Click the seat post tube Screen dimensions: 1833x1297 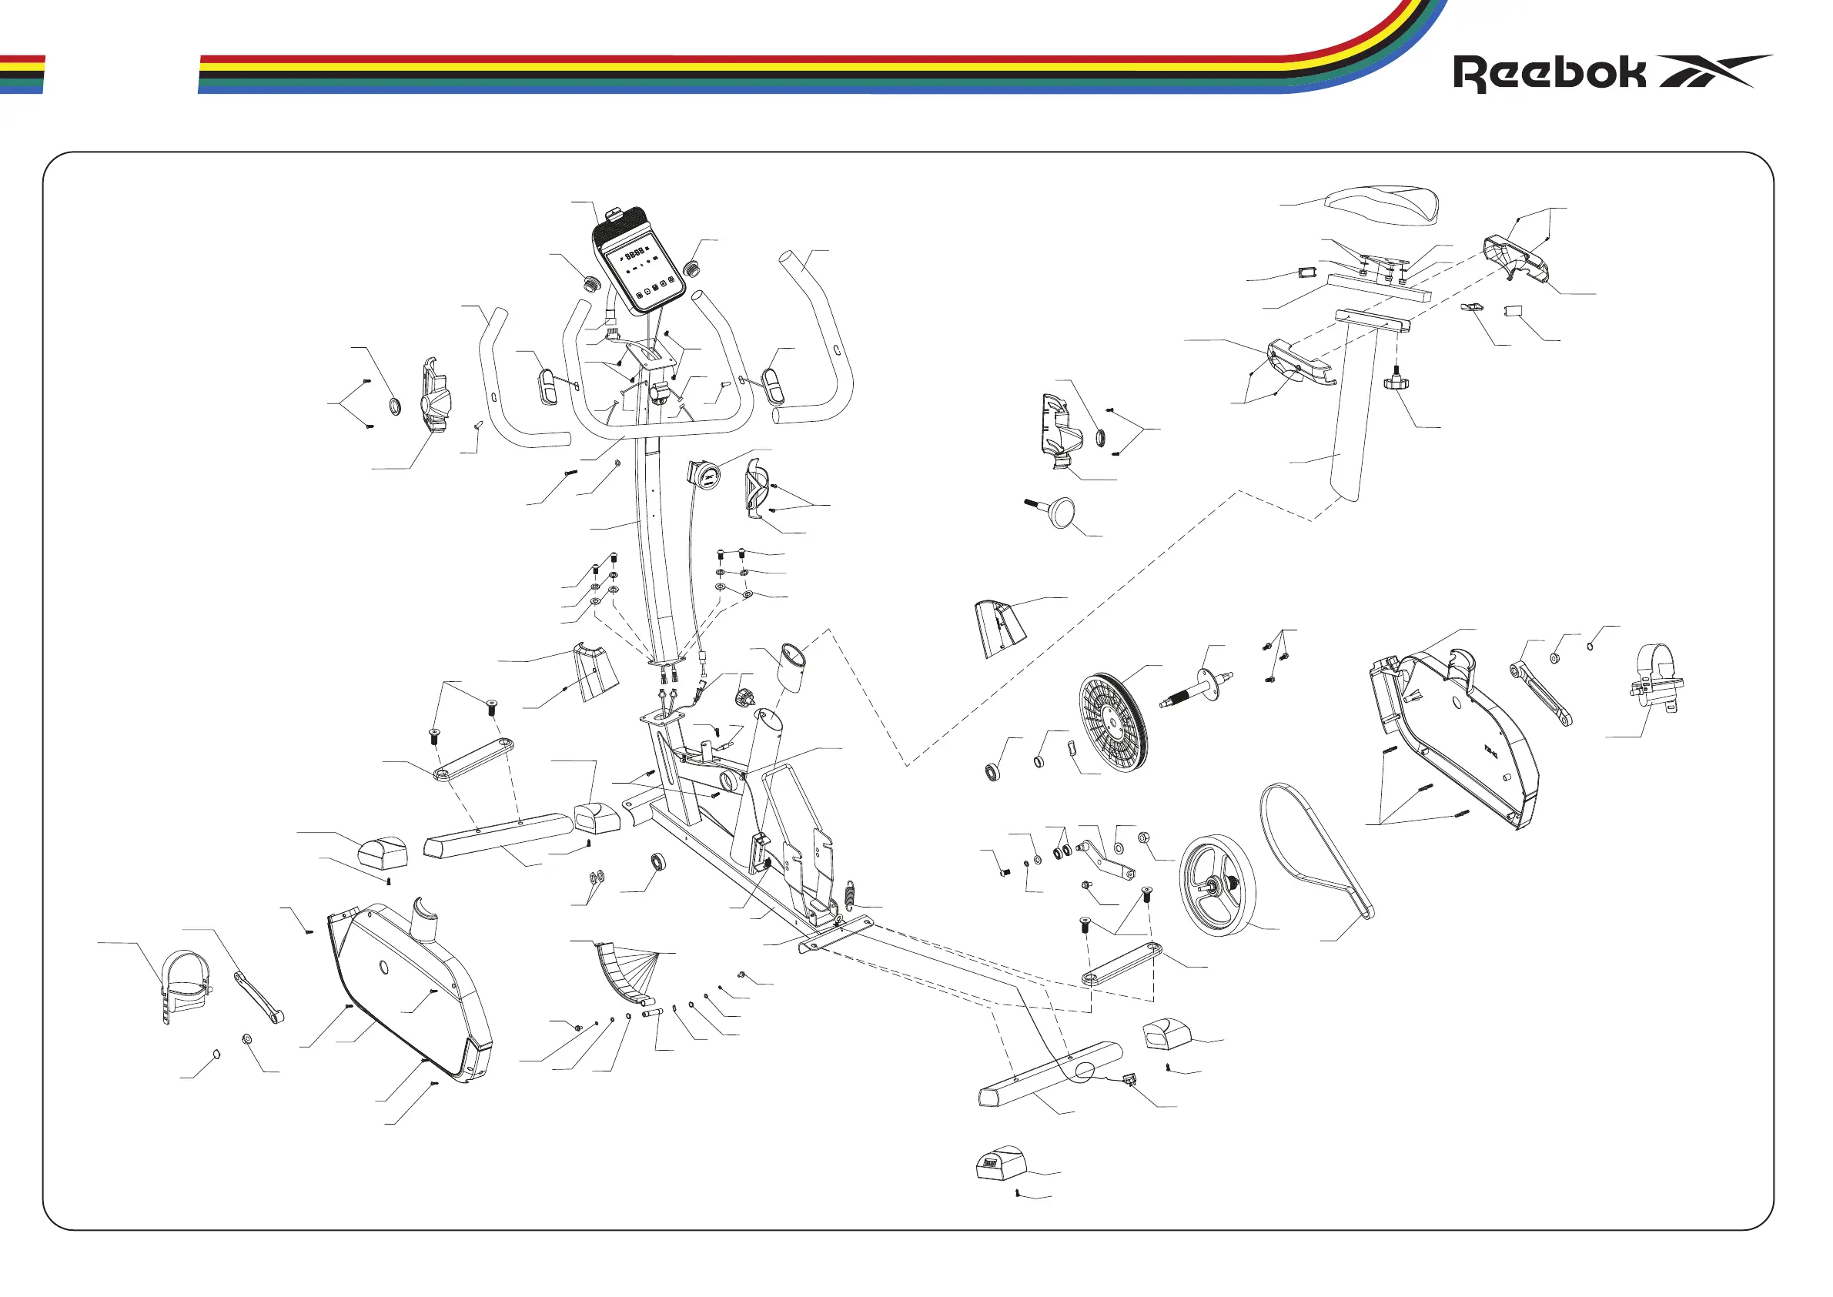pyautogui.click(x=1355, y=416)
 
